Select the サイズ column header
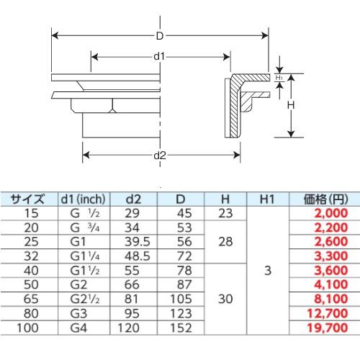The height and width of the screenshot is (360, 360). coord(28,199)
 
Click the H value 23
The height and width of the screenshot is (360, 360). coord(225,213)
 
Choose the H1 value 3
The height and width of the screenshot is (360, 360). coord(267,271)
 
